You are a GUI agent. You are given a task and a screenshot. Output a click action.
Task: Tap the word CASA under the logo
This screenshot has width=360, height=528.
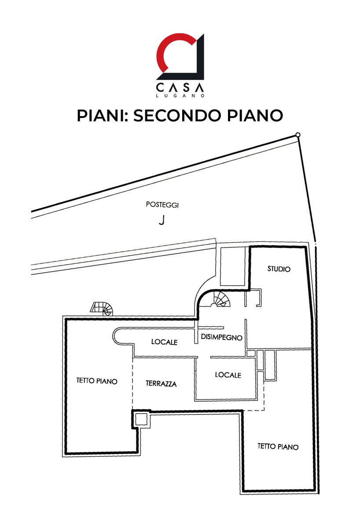(180, 87)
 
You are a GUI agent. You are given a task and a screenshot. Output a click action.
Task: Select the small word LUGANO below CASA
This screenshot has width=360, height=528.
(180, 95)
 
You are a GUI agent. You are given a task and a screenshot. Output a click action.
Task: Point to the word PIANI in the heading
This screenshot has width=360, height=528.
(99, 115)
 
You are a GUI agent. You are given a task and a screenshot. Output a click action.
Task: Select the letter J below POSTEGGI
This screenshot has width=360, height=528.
(162, 220)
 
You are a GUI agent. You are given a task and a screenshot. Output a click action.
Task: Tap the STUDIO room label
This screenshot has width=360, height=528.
(279, 269)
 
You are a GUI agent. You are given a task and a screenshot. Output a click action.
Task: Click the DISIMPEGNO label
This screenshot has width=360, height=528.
(221, 337)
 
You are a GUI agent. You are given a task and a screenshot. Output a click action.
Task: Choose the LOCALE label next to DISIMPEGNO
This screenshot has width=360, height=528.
(164, 342)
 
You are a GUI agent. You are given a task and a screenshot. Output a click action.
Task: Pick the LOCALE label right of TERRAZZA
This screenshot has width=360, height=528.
(228, 375)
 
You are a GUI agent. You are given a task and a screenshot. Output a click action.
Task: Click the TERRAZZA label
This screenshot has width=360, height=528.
(161, 384)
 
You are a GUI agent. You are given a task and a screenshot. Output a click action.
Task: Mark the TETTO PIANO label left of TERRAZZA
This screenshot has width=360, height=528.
(97, 381)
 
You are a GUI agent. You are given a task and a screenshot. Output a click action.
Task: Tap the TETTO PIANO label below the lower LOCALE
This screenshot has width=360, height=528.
(278, 447)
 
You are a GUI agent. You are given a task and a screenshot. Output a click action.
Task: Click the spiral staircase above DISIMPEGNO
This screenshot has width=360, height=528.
(220, 300)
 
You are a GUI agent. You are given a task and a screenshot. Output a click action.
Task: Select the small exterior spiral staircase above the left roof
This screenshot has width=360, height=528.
(102, 308)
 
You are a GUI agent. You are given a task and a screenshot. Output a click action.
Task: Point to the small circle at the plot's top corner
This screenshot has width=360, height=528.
(298, 135)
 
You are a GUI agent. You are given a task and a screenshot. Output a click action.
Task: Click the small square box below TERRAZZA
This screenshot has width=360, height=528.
(141, 419)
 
